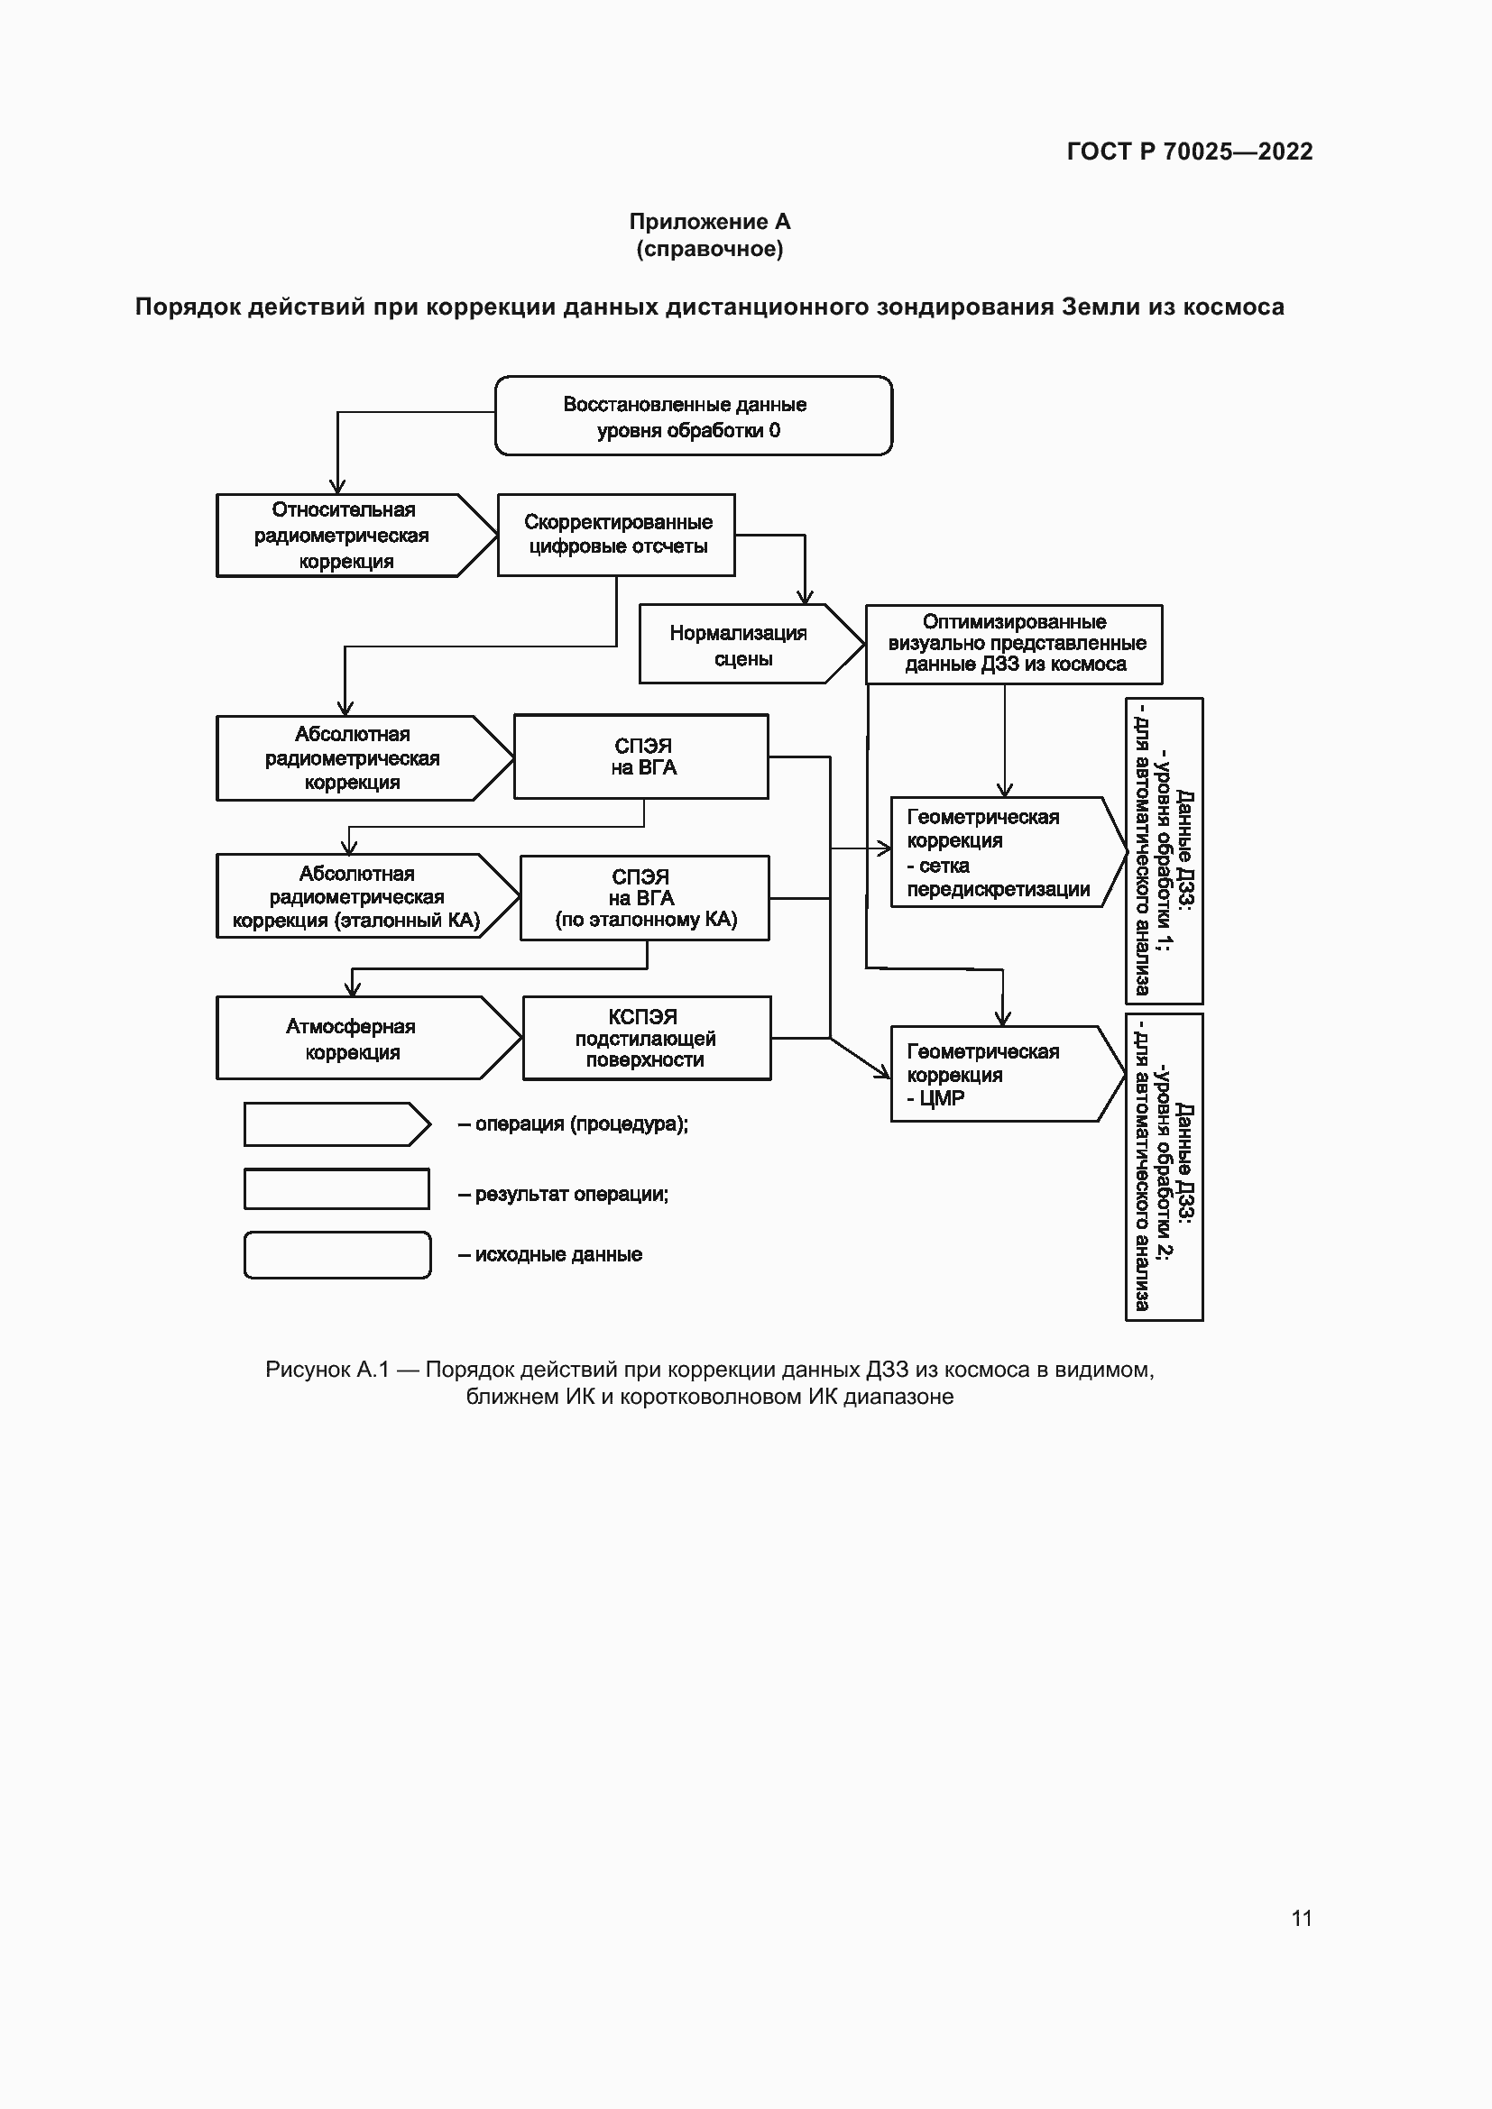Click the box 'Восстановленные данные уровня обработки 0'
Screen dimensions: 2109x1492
pyautogui.click(x=694, y=416)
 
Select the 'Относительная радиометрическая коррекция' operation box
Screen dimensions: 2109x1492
pyautogui.click(x=345, y=536)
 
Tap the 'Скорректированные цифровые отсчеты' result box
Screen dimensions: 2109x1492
pyautogui.click(x=616, y=535)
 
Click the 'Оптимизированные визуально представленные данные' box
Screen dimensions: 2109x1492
pyautogui.click(x=1013, y=644)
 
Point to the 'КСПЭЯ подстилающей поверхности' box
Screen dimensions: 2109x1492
pyautogui.click(x=647, y=1038)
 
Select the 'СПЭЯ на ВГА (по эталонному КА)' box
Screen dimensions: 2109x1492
pyautogui.click(x=645, y=898)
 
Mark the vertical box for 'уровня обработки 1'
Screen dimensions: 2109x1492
pyautogui.click(x=1164, y=850)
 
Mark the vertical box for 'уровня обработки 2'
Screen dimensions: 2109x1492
pyautogui.click(x=1164, y=1167)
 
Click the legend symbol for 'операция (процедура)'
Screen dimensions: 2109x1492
pyautogui.click(x=336, y=1124)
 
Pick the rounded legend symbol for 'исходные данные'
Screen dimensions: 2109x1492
pyautogui.click(x=337, y=1255)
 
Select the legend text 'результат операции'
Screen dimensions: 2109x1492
pyautogui.click(x=570, y=1194)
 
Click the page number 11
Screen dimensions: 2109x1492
pyautogui.click(x=1302, y=1918)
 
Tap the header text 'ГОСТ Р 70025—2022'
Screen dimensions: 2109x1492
pyautogui.click(x=1190, y=151)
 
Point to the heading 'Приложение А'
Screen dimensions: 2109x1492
pyautogui.click(x=709, y=222)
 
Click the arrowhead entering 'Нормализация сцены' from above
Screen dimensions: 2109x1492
pyautogui.click(x=805, y=597)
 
